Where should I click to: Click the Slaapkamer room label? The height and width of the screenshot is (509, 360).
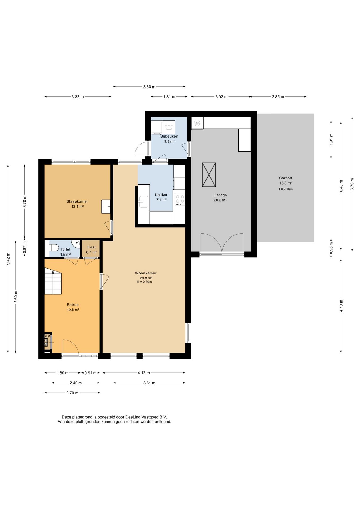[77, 201]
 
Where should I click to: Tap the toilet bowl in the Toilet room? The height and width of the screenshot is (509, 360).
[54, 248]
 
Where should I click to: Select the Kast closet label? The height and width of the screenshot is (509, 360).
[91, 247]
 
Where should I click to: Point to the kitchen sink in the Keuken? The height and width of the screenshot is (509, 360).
[144, 201]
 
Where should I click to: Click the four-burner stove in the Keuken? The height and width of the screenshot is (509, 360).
[180, 200]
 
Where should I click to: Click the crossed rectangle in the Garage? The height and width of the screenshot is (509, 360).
[209, 175]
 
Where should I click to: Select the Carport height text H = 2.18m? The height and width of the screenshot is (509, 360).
[285, 189]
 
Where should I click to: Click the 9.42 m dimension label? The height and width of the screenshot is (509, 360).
[8, 258]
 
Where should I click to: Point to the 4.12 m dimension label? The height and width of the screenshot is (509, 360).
[144, 373]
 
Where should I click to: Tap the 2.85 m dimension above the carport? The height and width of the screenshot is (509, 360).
[278, 97]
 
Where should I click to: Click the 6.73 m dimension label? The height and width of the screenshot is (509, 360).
[352, 184]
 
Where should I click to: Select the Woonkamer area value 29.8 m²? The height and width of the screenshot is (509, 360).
[146, 278]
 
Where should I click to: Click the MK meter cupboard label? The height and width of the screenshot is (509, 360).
[47, 336]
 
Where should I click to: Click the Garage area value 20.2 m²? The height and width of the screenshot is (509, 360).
[220, 200]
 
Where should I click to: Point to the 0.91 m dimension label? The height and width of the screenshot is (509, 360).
[90, 373]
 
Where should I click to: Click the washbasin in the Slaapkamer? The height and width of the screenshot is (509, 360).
[106, 207]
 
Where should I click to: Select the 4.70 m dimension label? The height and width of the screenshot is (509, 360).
[341, 306]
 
